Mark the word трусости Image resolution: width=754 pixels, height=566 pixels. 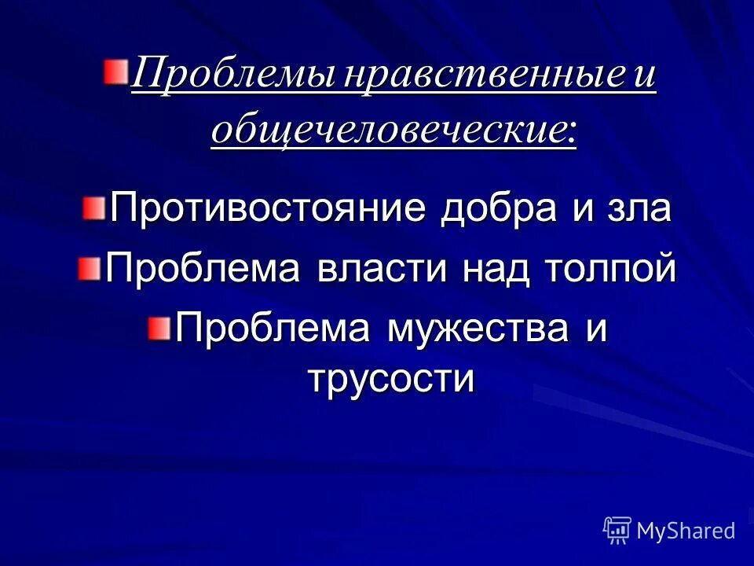(x=390, y=379)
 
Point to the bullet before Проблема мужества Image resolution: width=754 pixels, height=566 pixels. (x=159, y=325)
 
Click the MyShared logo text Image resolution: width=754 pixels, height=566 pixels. (x=686, y=531)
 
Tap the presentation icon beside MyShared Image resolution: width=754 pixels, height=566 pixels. (x=617, y=531)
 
